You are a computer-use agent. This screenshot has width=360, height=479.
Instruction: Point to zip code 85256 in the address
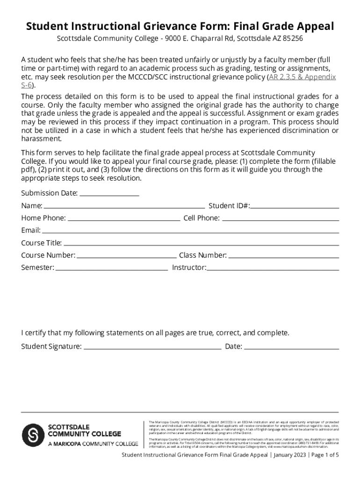[x=293, y=38]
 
